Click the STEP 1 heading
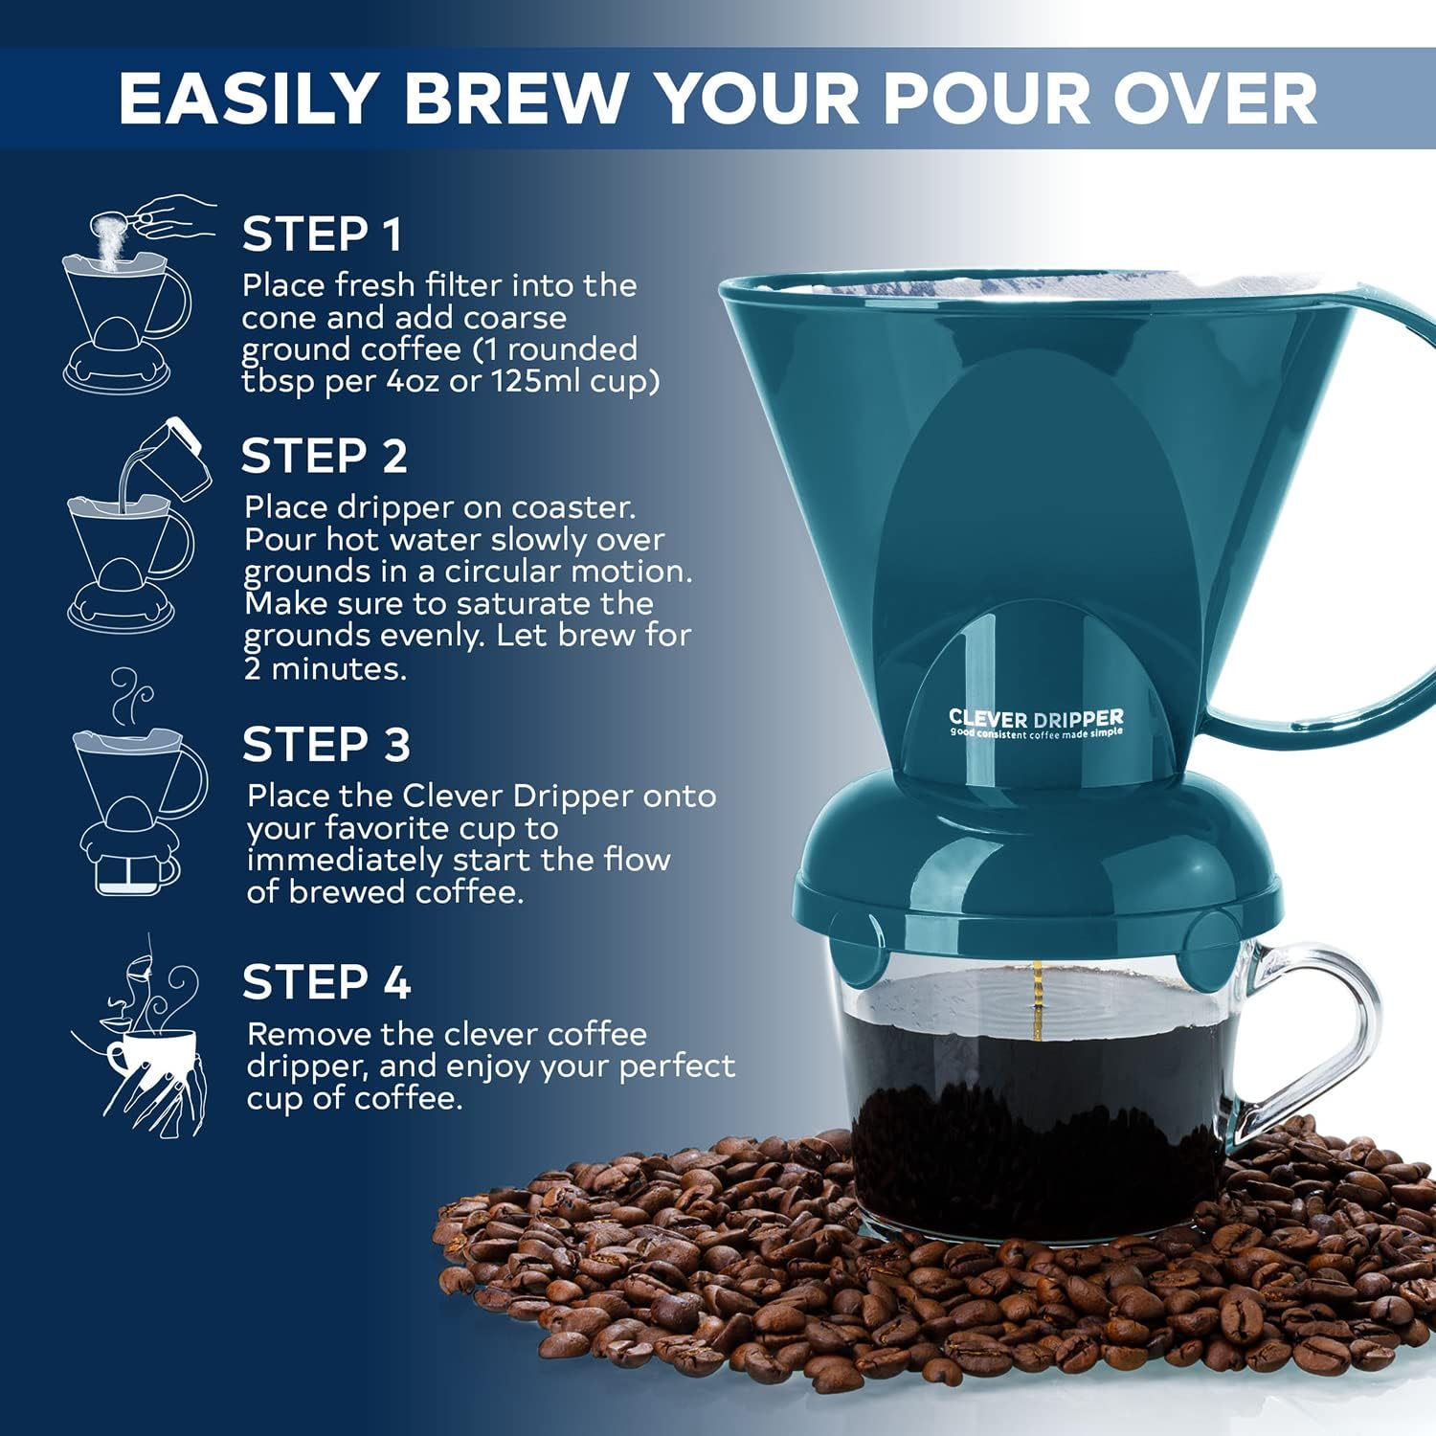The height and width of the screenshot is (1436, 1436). coord(322,235)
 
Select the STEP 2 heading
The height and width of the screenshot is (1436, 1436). coord(324,456)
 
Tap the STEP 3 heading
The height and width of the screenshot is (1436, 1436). coord(325,745)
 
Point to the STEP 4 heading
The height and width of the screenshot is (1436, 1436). coord(325,982)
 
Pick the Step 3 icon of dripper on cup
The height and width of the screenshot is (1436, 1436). coord(139,785)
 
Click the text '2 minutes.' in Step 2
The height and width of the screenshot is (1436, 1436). coord(325,668)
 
